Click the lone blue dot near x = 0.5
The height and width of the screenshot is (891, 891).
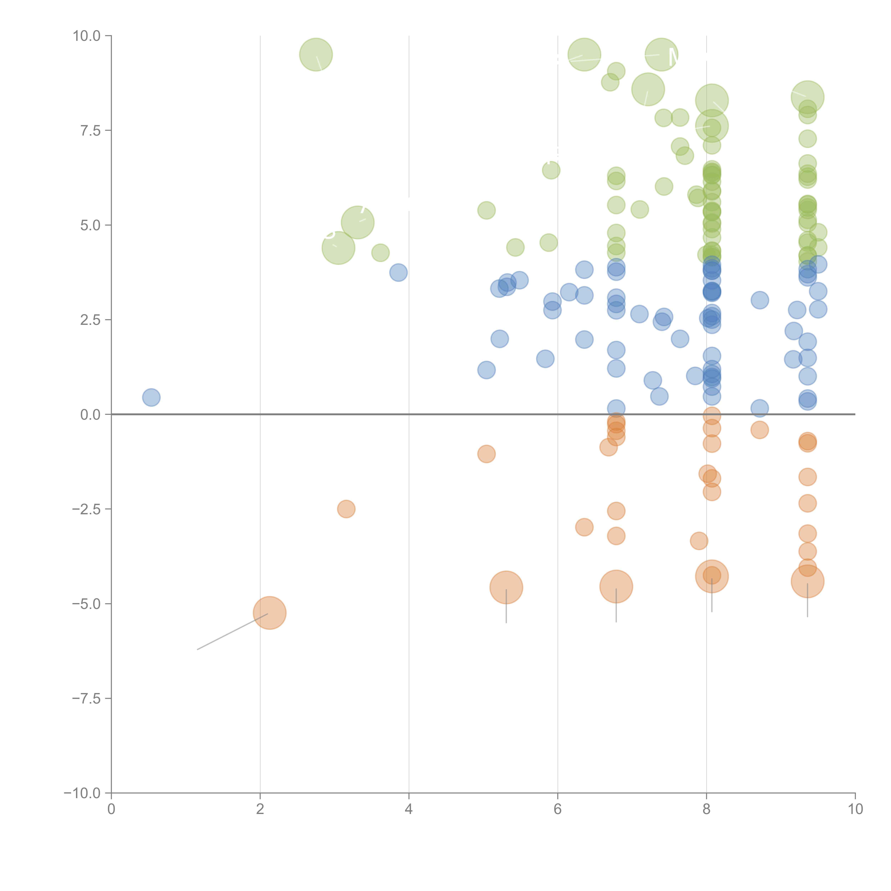point(151,397)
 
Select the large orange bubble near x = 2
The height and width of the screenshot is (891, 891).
point(270,613)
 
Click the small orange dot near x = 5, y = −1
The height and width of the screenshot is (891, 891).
point(486,454)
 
